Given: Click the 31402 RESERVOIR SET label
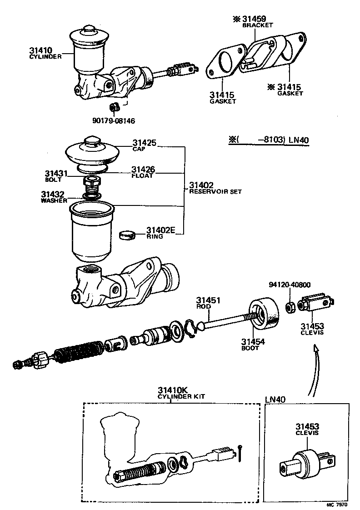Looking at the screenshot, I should (x=215, y=188).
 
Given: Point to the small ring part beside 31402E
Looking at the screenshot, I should (x=128, y=235).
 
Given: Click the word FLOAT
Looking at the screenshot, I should (x=142, y=175).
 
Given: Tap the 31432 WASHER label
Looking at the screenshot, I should (x=55, y=196).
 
